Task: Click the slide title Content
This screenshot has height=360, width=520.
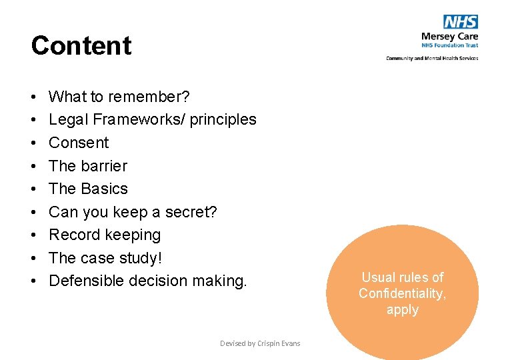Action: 81,46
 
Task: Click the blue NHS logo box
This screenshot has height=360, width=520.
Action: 461,22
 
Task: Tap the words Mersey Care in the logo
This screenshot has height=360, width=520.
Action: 449,36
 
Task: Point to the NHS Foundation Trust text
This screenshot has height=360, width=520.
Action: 449,46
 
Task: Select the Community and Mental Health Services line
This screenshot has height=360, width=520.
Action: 432,58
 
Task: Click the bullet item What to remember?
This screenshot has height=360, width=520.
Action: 119,97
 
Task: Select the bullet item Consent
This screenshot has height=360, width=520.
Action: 79,143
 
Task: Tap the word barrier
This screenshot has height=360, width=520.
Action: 104,166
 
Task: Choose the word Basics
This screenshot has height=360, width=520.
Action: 104,189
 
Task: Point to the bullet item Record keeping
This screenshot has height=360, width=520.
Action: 105,235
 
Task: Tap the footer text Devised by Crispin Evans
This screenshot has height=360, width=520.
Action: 260,343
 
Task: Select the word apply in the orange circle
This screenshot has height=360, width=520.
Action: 402,309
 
